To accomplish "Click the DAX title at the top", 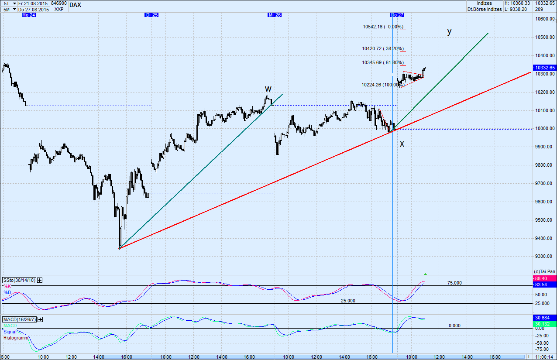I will [75, 5].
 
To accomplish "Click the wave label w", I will [268, 89].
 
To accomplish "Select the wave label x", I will [402, 144].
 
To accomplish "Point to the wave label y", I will [449, 31].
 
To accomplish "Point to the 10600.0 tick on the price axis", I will [544, 19].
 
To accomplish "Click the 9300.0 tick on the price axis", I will [543, 257].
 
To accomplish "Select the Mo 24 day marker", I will [28, 15].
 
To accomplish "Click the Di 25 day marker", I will [151, 15].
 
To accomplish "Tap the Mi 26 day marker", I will [275, 15].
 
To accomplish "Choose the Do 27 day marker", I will [397, 15].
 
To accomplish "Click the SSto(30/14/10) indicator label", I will [19, 280].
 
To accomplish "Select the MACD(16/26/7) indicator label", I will [20, 320].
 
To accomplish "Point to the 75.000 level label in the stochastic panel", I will [454, 283].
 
